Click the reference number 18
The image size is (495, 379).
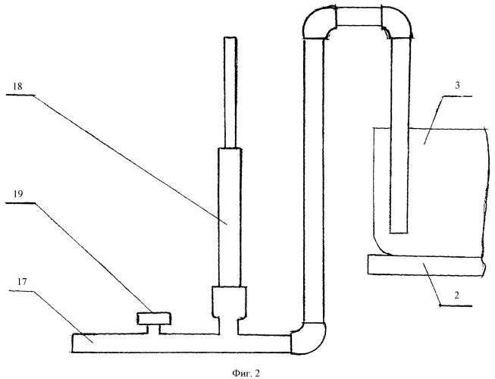tap(17, 86)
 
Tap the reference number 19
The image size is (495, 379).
tap(18, 193)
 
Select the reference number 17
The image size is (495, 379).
tap(22, 281)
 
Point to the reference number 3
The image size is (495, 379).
tap(457, 85)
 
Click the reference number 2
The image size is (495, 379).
tap(456, 296)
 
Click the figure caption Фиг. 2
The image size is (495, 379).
tap(246, 374)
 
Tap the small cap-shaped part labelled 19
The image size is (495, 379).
tap(154, 318)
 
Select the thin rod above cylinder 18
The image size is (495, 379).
tap(230, 92)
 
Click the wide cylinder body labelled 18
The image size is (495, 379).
tap(230, 217)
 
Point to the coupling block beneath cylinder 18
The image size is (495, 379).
tap(230, 302)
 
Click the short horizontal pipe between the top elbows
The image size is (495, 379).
tap(359, 17)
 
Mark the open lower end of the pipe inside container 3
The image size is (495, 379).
tap(399, 233)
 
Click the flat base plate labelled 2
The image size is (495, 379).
tap(426, 265)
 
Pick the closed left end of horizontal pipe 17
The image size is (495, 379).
tap(73, 343)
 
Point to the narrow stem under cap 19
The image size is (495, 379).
tap(154, 329)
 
